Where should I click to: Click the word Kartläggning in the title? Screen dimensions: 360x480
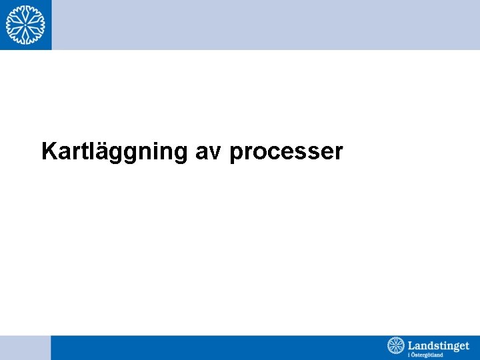point(114,152)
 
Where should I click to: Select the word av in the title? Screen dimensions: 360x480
point(209,153)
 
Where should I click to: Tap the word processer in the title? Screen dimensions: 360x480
point(286,153)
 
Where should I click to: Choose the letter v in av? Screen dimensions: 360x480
point(217,153)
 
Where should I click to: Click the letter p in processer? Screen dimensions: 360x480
point(235,154)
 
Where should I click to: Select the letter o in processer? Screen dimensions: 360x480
point(255,153)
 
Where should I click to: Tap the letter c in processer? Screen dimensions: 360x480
point(267,153)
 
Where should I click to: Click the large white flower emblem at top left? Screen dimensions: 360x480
point(25,25)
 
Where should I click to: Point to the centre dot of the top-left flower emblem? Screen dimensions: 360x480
point(25,25)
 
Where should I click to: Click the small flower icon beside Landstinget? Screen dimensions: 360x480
point(396,346)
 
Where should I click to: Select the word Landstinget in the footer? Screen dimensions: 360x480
point(438,345)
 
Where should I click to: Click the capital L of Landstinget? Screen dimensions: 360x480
point(411,345)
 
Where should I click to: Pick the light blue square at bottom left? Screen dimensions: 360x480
point(25,347)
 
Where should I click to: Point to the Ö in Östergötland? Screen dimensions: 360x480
point(413,355)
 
